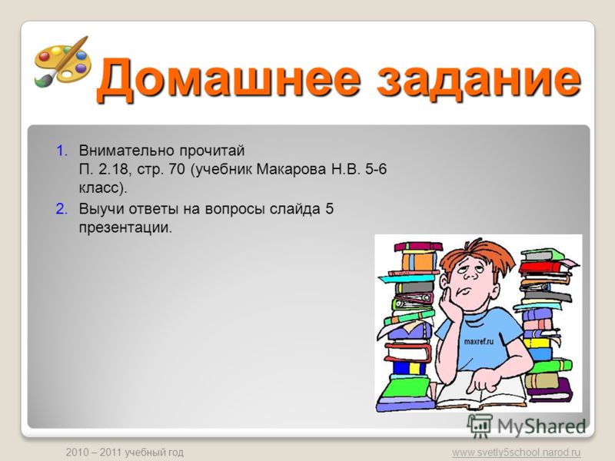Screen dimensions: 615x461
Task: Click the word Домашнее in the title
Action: click(x=228, y=78)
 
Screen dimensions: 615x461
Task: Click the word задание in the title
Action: click(x=478, y=78)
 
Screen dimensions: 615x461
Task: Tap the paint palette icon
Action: click(x=62, y=61)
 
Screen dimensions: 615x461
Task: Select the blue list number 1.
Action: click(x=62, y=151)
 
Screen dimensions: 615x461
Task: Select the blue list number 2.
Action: click(x=62, y=209)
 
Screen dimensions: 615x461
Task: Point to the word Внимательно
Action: click(x=126, y=151)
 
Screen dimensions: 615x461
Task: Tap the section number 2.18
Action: click(x=113, y=169)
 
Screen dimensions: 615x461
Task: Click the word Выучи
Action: click(x=101, y=209)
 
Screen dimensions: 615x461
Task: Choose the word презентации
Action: click(x=125, y=228)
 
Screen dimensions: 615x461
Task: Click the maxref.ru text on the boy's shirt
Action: click(x=478, y=341)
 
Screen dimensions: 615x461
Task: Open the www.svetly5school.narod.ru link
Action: click(x=516, y=453)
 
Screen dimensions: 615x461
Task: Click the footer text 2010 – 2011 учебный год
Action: click(x=125, y=453)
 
